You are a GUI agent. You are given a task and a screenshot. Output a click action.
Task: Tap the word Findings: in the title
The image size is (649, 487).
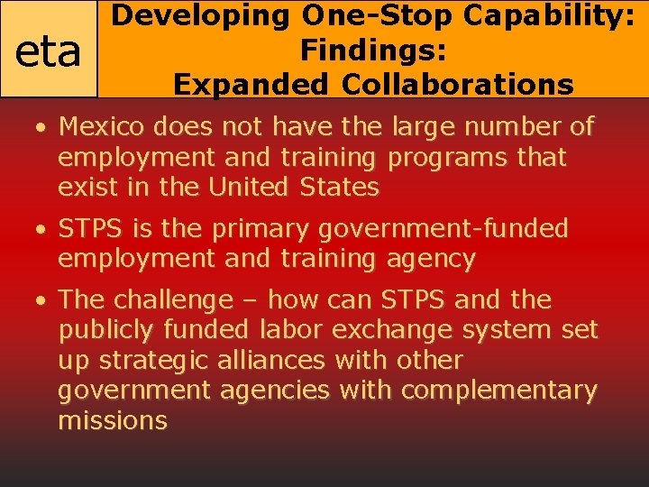(x=373, y=50)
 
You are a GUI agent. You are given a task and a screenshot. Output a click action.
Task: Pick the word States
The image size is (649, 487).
(x=341, y=188)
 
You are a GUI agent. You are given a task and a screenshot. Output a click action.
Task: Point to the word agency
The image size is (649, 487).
(x=430, y=260)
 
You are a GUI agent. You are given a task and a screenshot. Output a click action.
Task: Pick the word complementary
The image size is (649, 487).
(x=498, y=391)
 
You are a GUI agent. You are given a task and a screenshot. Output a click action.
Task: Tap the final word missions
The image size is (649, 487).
(x=113, y=421)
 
